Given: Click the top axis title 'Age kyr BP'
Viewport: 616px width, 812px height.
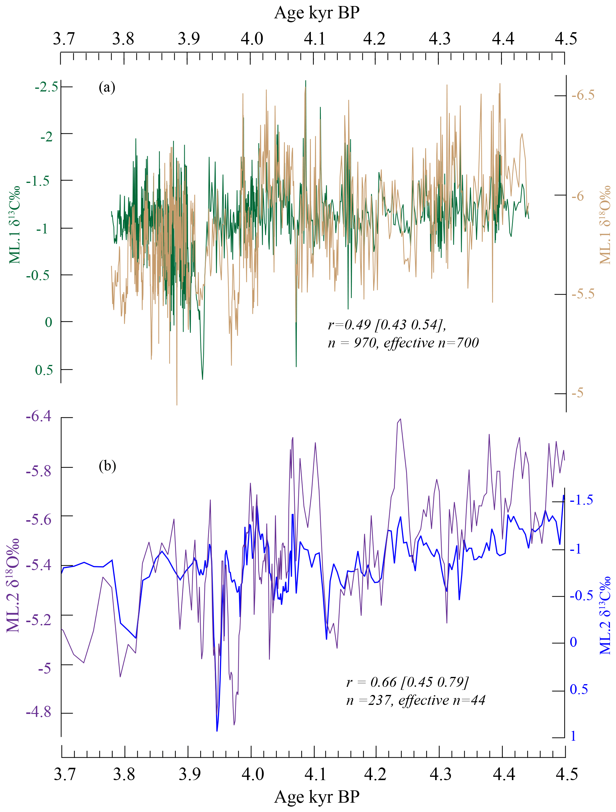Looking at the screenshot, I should pos(317,13).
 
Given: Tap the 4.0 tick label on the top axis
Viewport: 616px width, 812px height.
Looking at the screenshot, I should pos(252,39).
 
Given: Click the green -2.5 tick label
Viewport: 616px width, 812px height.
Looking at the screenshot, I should pos(47,87).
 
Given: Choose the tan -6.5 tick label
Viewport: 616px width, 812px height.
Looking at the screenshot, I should pos(583,95).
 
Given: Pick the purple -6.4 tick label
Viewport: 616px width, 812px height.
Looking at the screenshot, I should pos(39,417).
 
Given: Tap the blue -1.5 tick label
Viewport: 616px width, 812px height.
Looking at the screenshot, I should pos(581,500).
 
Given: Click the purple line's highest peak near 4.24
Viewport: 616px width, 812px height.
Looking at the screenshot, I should pos(400,419).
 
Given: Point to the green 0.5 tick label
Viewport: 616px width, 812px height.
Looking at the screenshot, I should pos(44,370).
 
